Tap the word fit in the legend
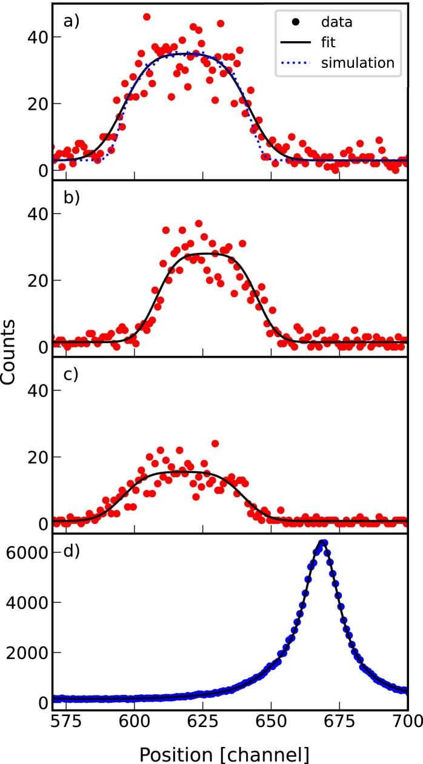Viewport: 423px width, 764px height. [x=328, y=43]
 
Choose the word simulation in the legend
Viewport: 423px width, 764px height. [x=358, y=62]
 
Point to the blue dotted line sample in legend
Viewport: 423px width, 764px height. [x=294, y=62]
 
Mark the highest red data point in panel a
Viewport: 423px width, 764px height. [x=147, y=17]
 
